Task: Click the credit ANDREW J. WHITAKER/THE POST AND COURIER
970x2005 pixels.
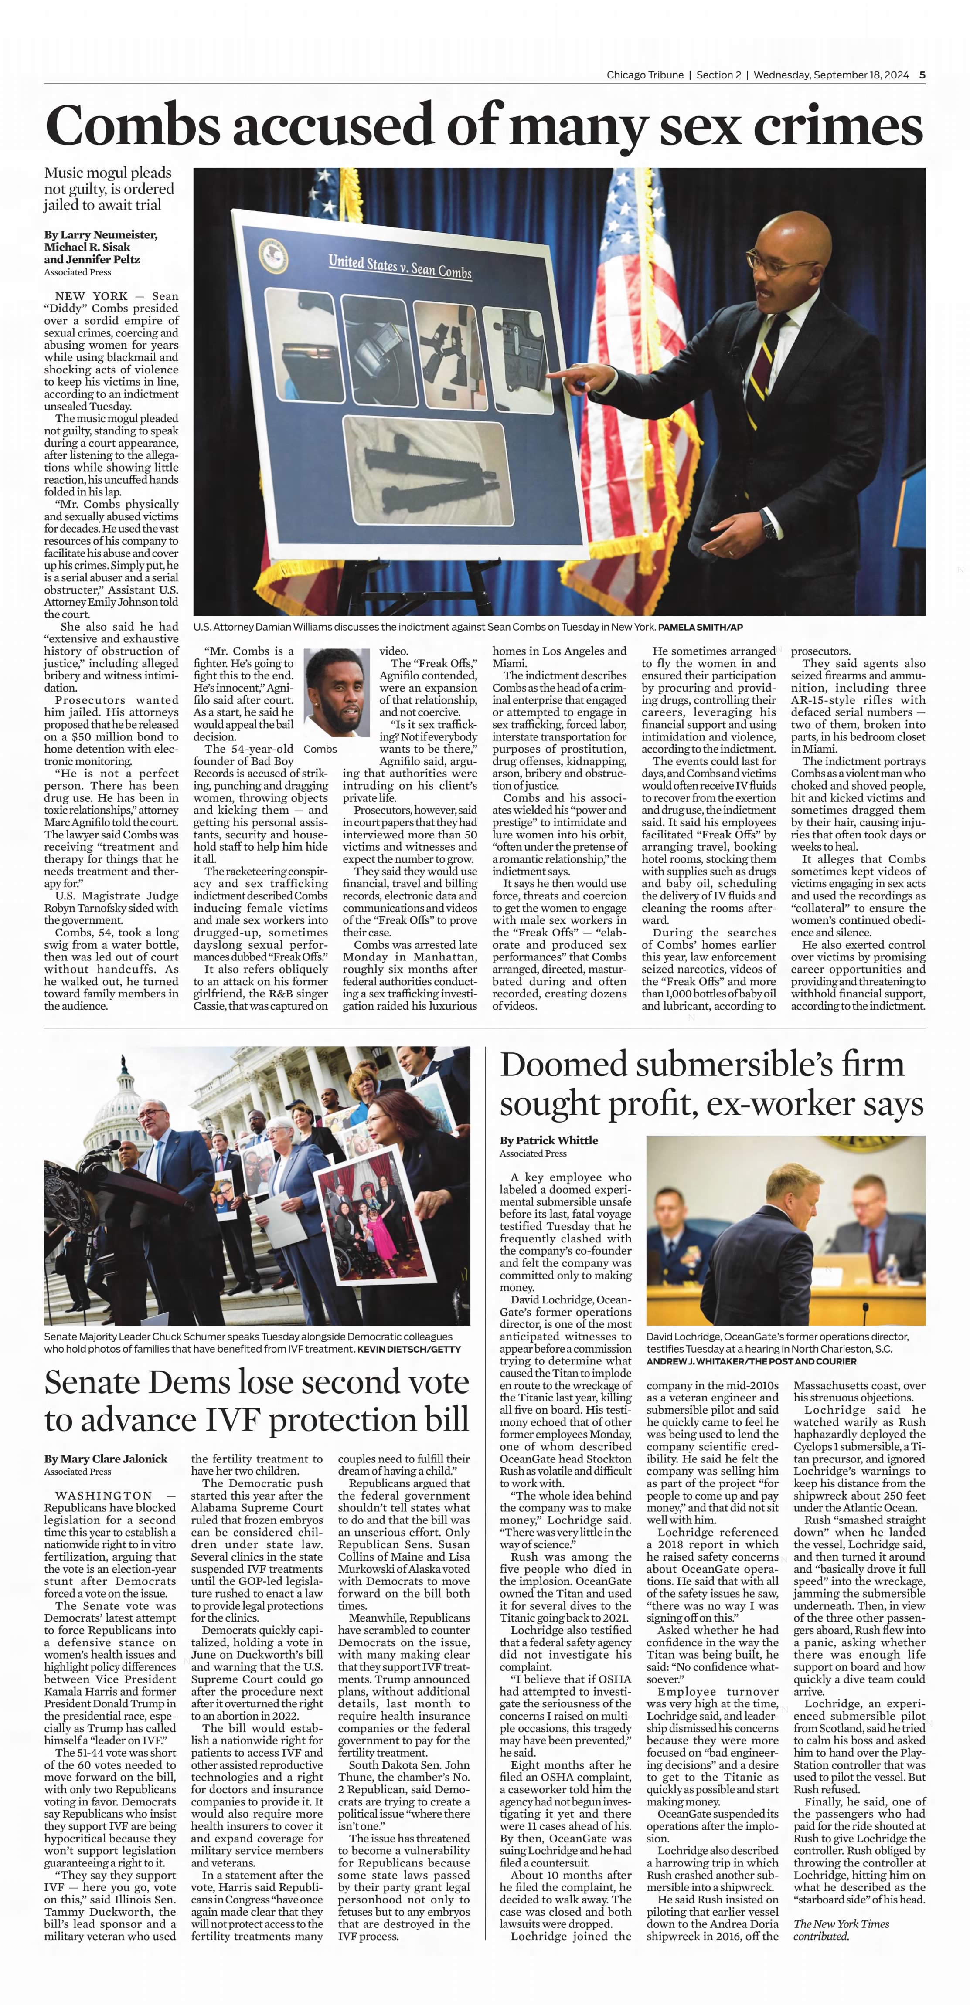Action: pyautogui.click(x=750, y=1361)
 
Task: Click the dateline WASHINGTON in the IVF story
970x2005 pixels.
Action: pyautogui.click(x=104, y=1495)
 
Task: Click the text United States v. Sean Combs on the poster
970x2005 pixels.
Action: pyautogui.click(x=399, y=267)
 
